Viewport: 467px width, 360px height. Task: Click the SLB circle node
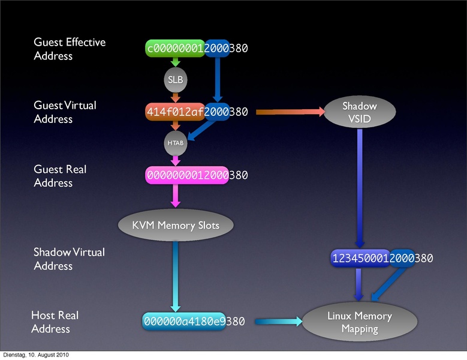(x=175, y=80)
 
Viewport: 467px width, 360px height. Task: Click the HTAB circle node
(x=175, y=143)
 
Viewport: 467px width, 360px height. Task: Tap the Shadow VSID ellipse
(x=360, y=112)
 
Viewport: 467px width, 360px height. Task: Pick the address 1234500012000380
(x=382, y=258)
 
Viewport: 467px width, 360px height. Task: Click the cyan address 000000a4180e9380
(x=194, y=322)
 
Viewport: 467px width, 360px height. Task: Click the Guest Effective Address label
(x=70, y=49)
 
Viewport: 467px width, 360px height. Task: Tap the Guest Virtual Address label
(x=65, y=112)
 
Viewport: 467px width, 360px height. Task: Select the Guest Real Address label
(x=60, y=176)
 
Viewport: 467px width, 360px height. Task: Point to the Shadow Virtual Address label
(x=69, y=259)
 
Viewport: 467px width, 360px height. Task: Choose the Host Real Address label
(x=55, y=322)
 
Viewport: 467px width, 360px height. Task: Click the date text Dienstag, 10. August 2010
(x=35, y=355)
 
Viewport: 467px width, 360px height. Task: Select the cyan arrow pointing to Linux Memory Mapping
(x=278, y=322)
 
